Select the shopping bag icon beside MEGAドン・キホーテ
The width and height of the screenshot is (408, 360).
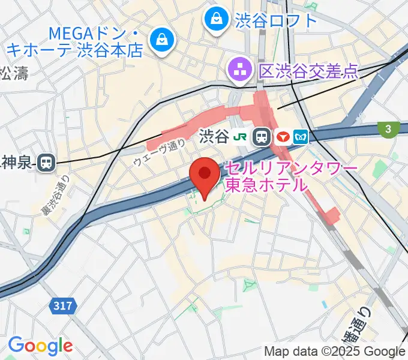tap(162, 40)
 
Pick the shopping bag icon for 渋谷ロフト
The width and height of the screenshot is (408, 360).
tap(216, 19)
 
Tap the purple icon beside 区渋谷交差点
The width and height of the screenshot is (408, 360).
tap(241, 71)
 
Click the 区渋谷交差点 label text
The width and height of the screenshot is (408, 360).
tap(308, 71)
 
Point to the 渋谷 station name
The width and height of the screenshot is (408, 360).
tap(213, 137)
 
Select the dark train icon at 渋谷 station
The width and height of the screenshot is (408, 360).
tap(262, 137)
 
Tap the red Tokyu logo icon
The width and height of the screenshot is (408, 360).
tap(283, 137)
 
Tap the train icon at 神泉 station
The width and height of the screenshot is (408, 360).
tap(46, 161)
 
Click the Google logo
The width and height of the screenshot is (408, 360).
tap(40, 346)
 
